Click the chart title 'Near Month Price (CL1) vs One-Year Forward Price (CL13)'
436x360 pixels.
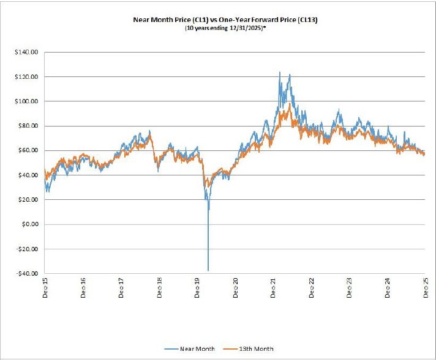coord(225,20)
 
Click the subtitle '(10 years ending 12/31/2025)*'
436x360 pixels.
coord(225,28)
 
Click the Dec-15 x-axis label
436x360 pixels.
coord(45,287)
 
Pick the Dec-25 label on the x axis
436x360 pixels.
coord(425,287)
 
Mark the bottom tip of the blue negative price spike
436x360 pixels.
coord(208,270)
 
